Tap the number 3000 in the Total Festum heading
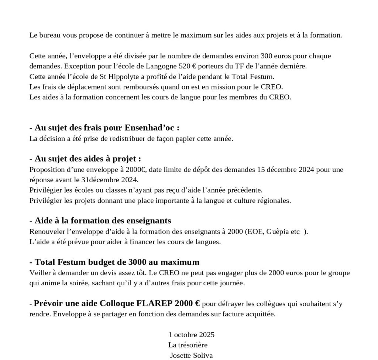pos(137,262)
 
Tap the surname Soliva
pos(202,356)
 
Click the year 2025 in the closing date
pos(207,335)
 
